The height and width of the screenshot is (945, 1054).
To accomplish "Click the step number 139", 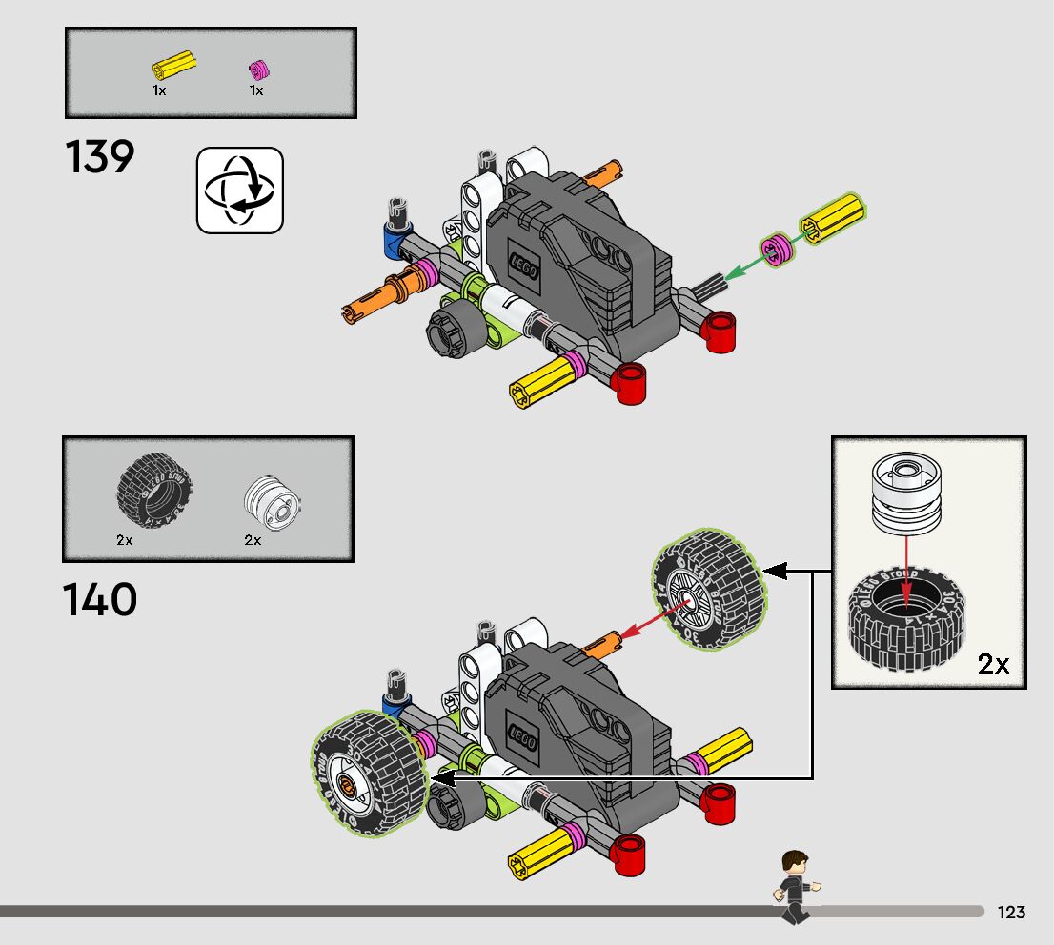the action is pyautogui.click(x=100, y=157).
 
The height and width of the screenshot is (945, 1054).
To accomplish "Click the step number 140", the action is pyautogui.click(x=100, y=600).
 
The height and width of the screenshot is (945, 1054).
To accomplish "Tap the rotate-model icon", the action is pyautogui.click(x=240, y=190).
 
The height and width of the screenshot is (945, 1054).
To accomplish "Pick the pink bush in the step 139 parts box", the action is pyautogui.click(x=256, y=70).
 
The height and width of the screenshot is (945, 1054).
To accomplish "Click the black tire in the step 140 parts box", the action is pyautogui.click(x=154, y=492).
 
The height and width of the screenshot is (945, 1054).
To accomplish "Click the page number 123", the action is pyautogui.click(x=1011, y=912).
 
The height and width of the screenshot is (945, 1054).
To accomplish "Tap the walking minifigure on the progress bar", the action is pyautogui.click(x=793, y=886).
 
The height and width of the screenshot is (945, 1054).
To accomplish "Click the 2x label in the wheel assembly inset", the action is pyautogui.click(x=993, y=663).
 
